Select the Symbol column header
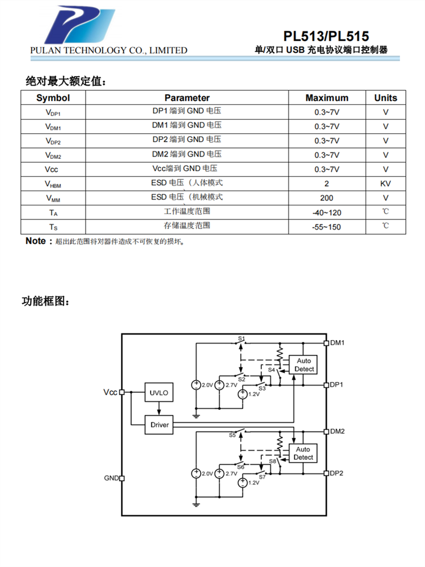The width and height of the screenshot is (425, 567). coord(53,98)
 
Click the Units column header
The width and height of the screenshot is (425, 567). coord(385,98)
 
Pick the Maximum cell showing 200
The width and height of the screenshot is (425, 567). coord(327,198)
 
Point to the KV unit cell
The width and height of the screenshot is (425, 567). coord(385,184)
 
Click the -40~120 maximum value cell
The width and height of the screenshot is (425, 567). coord(327,213)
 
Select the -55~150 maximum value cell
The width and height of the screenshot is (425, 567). coord(327,227)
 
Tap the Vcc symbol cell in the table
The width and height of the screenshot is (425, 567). coord(53,169)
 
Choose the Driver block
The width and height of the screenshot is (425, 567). coord(159,424)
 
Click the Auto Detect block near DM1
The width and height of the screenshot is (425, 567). coord(304,365)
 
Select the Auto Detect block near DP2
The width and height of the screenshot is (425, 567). coord(303,453)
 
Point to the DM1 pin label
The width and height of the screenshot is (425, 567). coord(338,342)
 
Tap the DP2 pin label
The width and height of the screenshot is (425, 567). coord(338,473)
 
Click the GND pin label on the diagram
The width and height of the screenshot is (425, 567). coord(110,478)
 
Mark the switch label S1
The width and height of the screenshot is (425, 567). coord(241,338)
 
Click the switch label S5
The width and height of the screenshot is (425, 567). coord(232,435)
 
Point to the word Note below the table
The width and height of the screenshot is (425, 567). coord(36,241)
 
